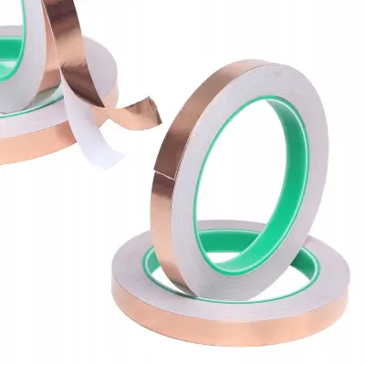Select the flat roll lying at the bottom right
coord(228,292)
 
